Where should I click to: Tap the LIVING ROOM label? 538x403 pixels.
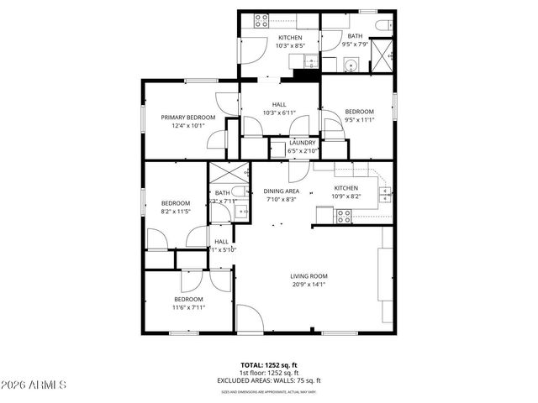point(309,276)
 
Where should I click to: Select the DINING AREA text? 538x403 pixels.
point(282,191)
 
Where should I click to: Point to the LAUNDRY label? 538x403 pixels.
point(302,143)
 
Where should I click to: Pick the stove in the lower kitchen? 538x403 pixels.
point(344,216)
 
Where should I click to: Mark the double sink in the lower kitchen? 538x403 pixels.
point(384,196)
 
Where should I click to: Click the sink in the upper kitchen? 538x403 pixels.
point(307,60)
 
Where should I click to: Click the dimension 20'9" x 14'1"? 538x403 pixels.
point(309,285)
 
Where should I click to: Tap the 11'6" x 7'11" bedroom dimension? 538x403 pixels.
point(188,307)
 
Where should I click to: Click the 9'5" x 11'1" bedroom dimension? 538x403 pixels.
point(359,119)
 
